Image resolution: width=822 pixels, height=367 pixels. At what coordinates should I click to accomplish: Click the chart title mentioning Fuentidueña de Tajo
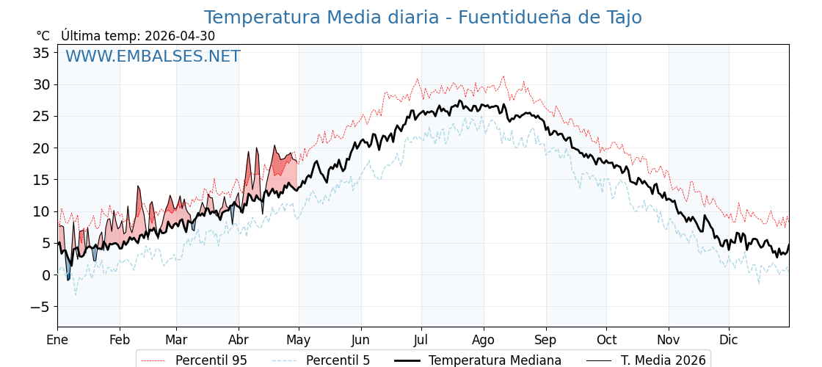pyautogui.click(x=423, y=18)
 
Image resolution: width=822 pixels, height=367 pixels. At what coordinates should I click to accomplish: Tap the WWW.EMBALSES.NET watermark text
pyautogui.click(x=153, y=56)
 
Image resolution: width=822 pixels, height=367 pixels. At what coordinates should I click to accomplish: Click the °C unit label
pyautogui.click(x=43, y=36)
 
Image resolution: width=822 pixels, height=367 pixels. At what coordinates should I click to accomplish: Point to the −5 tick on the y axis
pyautogui.click(x=38, y=308)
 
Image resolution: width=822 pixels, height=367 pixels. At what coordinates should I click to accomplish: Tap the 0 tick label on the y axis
pyautogui.click(x=46, y=275)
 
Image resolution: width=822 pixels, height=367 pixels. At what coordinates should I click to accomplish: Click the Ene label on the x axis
pyautogui.click(x=57, y=341)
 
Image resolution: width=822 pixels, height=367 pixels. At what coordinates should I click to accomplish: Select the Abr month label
pyautogui.click(x=239, y=341)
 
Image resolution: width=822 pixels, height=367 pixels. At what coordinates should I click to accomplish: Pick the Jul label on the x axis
pyautogui.click(x=421, y=341)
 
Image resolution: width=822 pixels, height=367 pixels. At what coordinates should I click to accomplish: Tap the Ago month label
pyautogui.click(x=484, y=341)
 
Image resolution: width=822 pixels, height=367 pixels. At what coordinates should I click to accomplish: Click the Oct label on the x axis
pyautogui.click(x=606, y=341)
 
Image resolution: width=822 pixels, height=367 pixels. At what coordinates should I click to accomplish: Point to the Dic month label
pyautogui.click(x=729, y=341)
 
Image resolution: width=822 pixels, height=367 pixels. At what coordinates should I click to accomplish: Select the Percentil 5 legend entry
pyautogui.click(x=321, y=360)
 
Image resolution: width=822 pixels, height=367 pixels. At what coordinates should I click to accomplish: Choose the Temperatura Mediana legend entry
pyautogui.click(x=476, y=360)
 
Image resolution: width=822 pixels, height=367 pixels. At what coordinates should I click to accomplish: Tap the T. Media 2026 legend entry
pyautogui.click(x=646, y=360)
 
